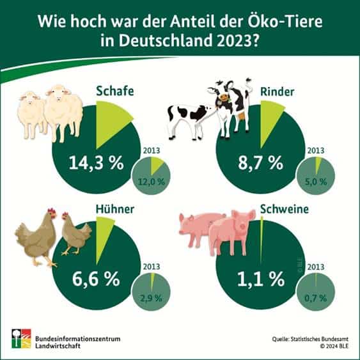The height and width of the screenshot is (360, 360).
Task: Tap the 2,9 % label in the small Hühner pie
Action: [153, 297]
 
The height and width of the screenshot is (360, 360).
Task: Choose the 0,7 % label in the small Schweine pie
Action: [315, 297]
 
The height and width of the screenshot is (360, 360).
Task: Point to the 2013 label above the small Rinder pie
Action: [316, 152]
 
